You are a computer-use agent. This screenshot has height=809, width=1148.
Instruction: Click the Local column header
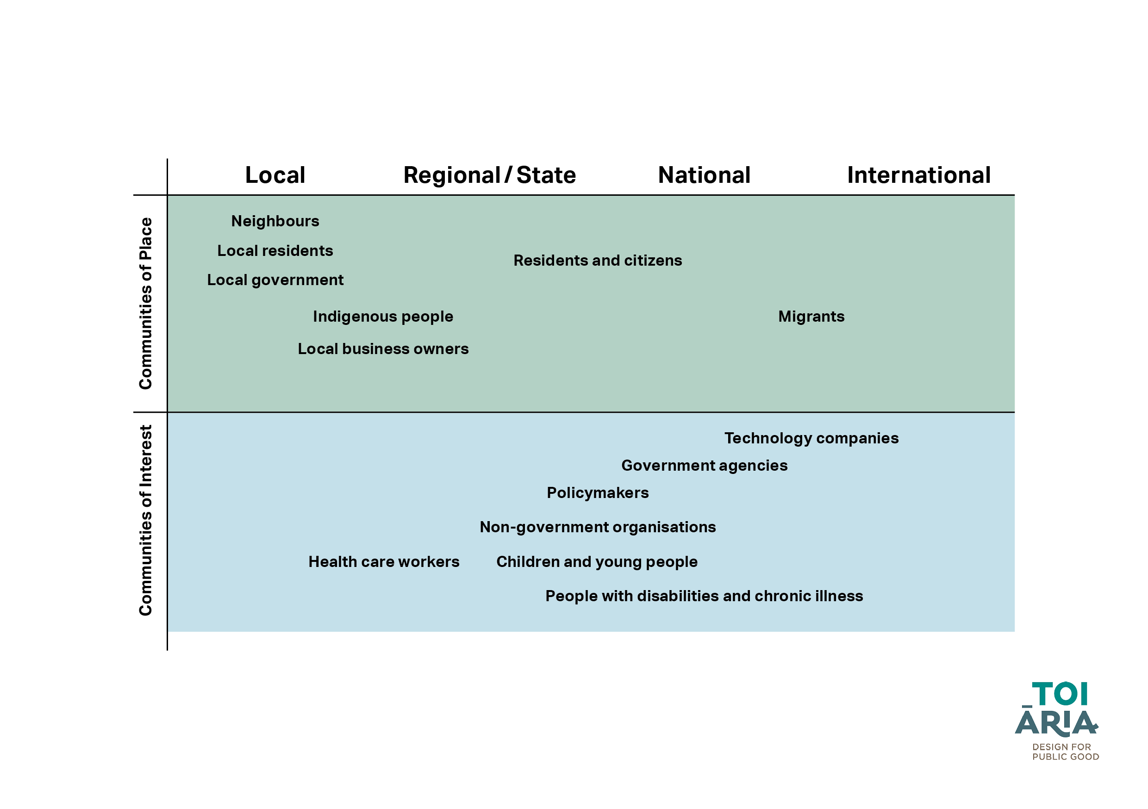pos(275,175)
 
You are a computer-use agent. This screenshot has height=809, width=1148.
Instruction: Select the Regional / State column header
pos(489,175)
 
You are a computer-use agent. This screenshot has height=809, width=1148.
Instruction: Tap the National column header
pos(704,175)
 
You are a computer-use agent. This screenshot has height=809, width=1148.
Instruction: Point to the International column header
pos(919,175)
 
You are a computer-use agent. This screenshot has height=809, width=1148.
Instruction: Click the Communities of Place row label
pos(145,304)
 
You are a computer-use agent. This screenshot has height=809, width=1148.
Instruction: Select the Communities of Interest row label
pos(145,521)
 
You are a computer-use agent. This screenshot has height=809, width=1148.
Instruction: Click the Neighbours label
pos(275,221)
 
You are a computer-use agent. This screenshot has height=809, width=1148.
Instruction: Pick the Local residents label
pos(275,250)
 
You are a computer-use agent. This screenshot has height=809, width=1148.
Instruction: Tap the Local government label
pos(275,280)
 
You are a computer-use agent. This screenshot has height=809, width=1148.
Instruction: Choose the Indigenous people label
pos(383,317)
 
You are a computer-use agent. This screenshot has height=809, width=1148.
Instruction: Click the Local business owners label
pos(383,349)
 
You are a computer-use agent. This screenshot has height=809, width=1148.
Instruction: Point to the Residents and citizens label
pos(598,261)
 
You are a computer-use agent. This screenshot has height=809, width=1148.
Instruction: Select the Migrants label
pos(811,317)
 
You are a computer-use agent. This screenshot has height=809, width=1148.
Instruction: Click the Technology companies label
pos(811,438)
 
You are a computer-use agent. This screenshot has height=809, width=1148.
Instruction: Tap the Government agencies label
pos(705,466)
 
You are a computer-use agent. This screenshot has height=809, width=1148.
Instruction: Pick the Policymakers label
pos(598,493)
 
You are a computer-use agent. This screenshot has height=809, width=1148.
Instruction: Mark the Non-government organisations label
pos(598,528)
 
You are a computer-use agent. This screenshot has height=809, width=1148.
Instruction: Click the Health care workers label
pos(383,562)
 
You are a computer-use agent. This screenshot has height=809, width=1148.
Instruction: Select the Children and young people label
pos(597,562)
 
